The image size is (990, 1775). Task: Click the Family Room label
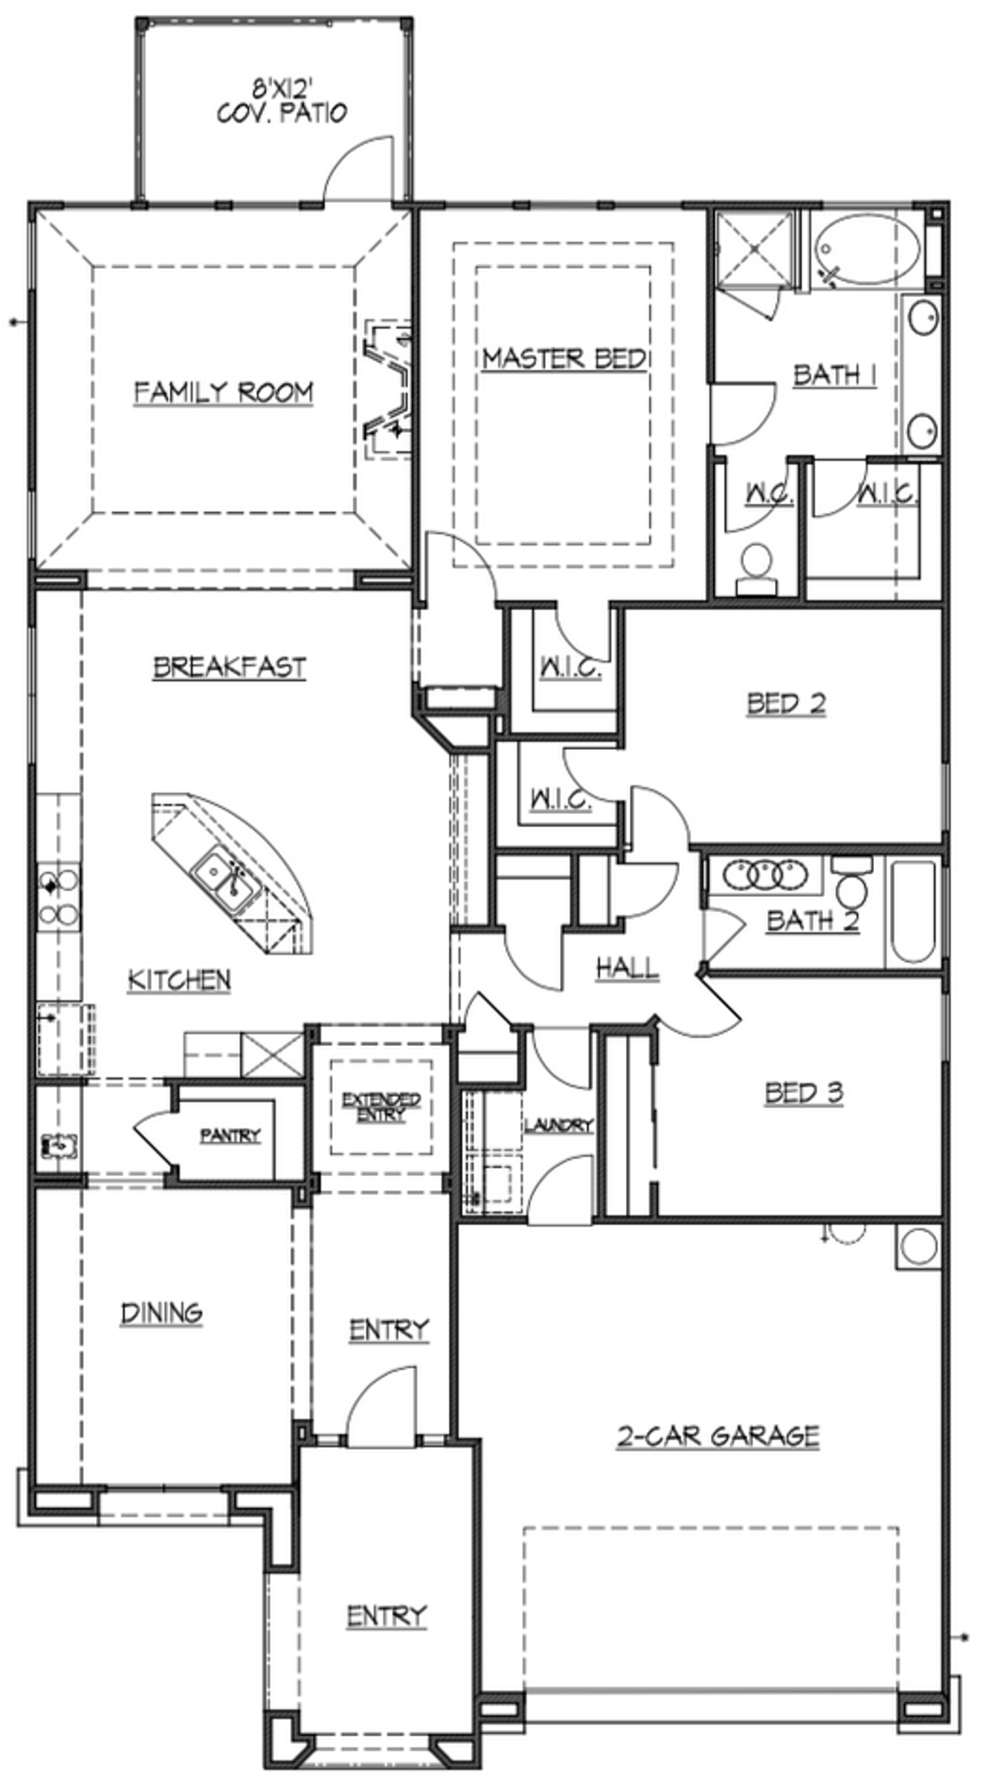(x=224, y=392)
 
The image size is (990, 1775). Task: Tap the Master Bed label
(x=564, y=358)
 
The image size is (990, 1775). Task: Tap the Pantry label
(x=230, y=1136)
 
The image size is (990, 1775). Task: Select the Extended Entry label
(x=381, y=1107)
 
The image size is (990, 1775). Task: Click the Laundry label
(x=558, y=1125)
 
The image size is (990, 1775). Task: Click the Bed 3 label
(x=804, y=1093)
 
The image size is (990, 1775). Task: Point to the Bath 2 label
(x=812, y=921)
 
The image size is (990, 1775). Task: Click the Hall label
(x=627, y=967)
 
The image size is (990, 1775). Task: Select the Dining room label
(x=162, y=1312)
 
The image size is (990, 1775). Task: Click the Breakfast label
(x=229, y=667)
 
